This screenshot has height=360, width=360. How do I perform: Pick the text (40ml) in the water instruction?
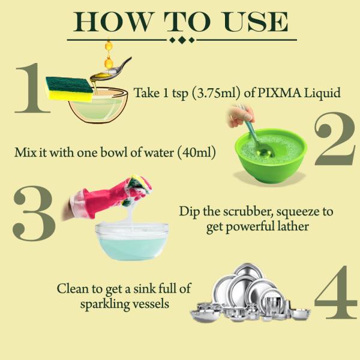(195, 152)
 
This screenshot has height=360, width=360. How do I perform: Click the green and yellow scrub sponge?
(69, 89)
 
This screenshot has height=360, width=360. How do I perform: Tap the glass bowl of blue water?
(132, 243)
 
